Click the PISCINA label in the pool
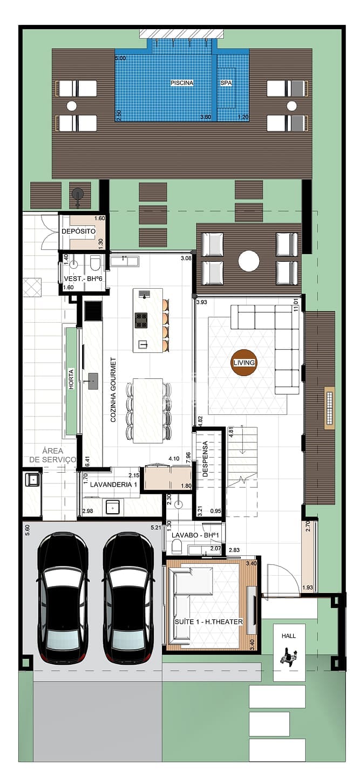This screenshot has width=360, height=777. tap(182, 83)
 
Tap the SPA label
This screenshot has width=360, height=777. tap(226, 83)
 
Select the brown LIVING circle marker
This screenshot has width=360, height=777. tap(244, 363)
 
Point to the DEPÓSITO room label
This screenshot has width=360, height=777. tap(78, 231)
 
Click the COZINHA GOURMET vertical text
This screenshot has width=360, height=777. tap(113, 390)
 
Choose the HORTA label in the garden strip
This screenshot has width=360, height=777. tap(71, 379)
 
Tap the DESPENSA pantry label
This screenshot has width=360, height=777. tap(205, 459)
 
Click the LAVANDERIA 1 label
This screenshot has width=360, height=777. tap(113, 485)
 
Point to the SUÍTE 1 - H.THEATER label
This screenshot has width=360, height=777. tap(208, 622)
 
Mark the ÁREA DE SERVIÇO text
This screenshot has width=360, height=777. tap(53, 455)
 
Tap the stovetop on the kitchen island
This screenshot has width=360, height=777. tap(141, 320)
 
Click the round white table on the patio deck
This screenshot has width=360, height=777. tap(249, 261)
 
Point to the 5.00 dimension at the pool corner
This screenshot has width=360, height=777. tap(120, 58)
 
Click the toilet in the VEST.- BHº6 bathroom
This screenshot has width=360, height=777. tap(94, 264)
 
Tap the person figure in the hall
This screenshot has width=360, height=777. tap(289, 656)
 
